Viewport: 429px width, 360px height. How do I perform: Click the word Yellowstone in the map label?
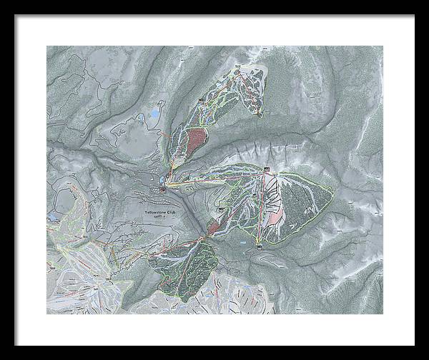[x=157, y=213]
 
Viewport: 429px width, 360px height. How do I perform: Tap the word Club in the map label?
[x=175, y=213]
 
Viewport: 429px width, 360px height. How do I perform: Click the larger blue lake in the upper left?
[x=154, y=114]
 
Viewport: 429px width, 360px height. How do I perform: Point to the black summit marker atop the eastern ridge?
[x=266, y=170]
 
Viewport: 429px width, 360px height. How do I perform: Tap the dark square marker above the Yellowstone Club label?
[x=163, y=189]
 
